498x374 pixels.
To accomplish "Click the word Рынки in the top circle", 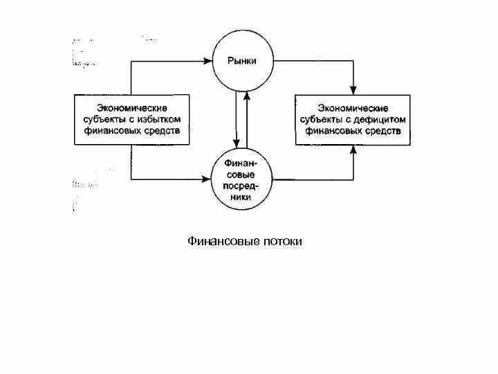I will coord(242,61).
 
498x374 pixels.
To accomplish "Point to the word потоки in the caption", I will coord(282,242).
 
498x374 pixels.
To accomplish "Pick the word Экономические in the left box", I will coord(131,108).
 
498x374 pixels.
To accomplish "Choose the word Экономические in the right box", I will coord(353,108).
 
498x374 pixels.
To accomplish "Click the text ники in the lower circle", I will coord(242,197).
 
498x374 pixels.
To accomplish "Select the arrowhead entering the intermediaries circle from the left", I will coord(210,179).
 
